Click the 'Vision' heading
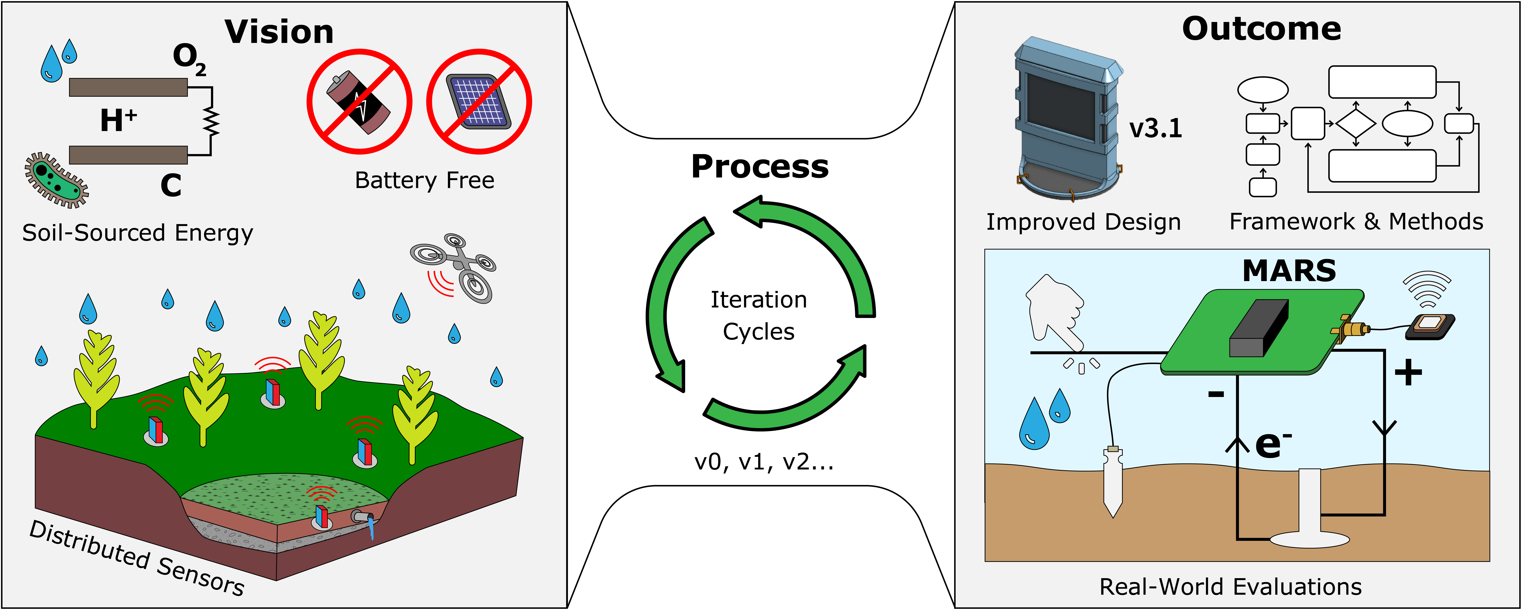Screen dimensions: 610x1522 click(x=279, y=32)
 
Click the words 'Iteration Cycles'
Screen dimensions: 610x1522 click(x=759, y=315)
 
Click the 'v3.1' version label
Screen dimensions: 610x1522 click(x=1155, y=128)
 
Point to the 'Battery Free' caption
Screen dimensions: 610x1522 click(x=424, y=180)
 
